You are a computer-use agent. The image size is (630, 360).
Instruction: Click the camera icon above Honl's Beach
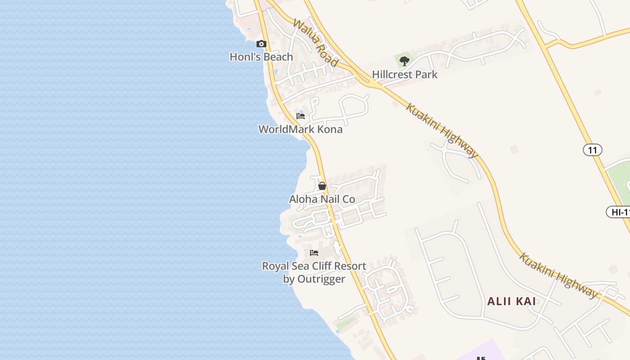point(261,44)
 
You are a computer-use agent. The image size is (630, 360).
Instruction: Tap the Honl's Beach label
point(261,57)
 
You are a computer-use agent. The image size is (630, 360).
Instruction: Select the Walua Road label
point(315,43)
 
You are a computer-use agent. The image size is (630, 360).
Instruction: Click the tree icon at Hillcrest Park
point(404,61)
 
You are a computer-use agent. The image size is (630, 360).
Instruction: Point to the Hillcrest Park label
point(405,75)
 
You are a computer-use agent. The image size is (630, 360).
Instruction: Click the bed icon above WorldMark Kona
point(301,116)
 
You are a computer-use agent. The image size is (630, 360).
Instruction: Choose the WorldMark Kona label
point(300,130)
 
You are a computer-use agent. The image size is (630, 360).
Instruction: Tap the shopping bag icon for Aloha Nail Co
point(322,186)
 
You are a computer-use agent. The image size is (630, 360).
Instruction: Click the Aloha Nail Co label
point(322,199)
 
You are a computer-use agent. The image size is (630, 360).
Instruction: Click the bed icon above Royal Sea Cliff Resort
point(314,253)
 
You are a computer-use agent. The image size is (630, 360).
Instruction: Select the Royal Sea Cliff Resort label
point(314,266)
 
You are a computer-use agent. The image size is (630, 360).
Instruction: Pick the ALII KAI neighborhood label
point(512,301)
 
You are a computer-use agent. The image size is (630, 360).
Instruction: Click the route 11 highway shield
point(592,150)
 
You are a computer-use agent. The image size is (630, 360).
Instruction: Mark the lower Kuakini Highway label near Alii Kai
point(559,276)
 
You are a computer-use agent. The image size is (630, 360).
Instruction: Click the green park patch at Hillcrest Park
point(398,59)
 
